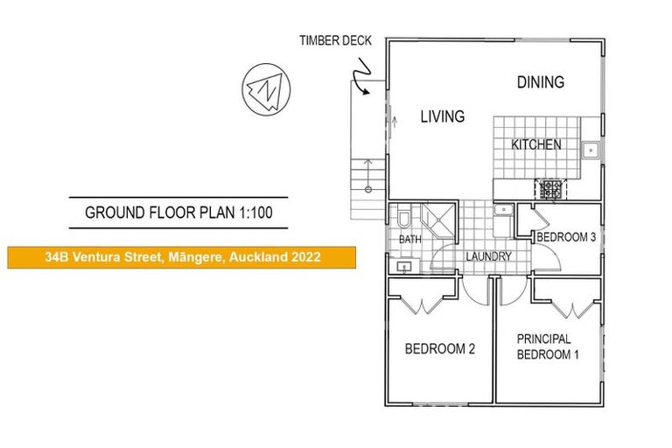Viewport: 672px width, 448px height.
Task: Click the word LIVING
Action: point(442,116)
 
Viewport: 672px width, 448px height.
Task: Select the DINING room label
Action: point(540,82)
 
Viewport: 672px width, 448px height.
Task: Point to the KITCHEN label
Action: point(536,144)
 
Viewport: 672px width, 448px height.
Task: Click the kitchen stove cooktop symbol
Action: point(551,186)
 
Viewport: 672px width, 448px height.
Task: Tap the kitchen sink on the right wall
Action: point(591,148)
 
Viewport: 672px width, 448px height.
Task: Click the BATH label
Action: point(409,239)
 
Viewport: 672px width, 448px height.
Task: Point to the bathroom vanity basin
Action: point(404,264)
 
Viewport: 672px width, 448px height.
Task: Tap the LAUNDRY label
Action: point(487,256)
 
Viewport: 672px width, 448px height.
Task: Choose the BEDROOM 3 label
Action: point(566,237)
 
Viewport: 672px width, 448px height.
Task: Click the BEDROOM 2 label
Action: point(439,348)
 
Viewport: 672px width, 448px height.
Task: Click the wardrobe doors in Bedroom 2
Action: point(424,305)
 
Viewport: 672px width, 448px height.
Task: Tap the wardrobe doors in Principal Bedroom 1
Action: point(566,306)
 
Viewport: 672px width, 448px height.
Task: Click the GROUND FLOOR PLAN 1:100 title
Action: point(178,213)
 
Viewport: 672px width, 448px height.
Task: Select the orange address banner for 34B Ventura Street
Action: point(182,257)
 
